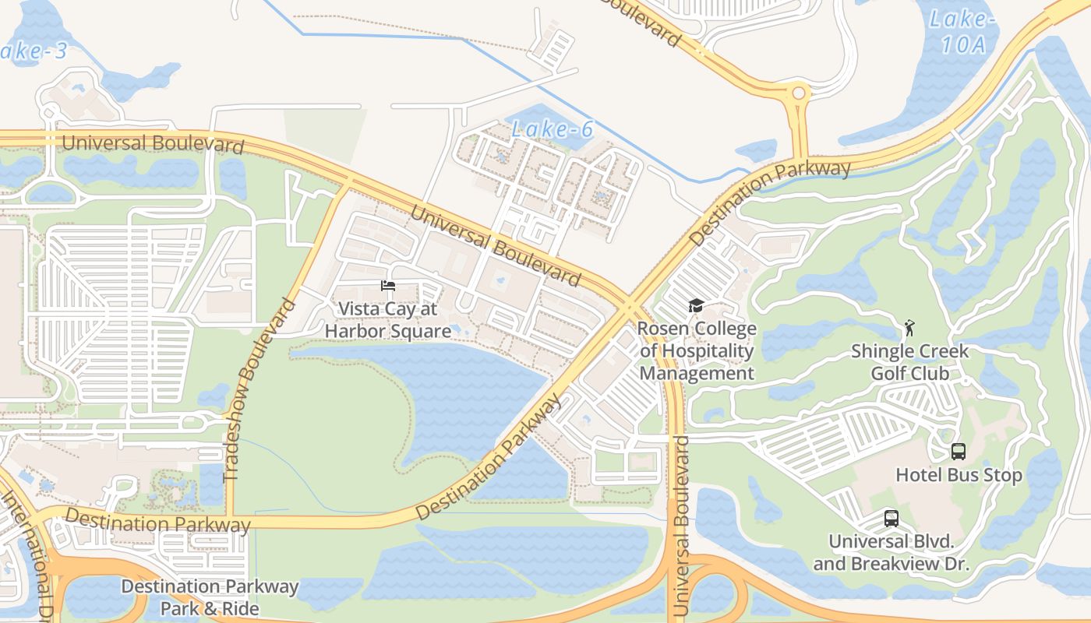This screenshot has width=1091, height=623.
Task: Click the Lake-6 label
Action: [553, 129]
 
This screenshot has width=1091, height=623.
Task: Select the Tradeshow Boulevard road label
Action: [257, 389]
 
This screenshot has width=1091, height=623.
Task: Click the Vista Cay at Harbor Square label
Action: [388, 320]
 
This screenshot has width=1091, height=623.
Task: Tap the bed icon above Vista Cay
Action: [388, 286]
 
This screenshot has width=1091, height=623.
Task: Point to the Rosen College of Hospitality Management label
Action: [697, 350]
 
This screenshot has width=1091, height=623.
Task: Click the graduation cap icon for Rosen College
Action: [696, 305]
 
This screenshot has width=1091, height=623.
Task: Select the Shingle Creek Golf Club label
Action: [909, 362]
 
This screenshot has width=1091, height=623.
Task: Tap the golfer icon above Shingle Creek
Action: [909, 326]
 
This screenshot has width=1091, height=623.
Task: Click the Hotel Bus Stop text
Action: [959, 475]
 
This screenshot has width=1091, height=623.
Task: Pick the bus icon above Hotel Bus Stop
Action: [959, 451]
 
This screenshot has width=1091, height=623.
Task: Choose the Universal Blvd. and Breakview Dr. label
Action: [891, 552]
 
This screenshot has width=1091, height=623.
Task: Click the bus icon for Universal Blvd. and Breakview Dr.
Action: [891, 518]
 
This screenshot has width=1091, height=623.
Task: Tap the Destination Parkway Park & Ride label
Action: [210, 597]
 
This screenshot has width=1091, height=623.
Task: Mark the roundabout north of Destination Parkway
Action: [798, 94]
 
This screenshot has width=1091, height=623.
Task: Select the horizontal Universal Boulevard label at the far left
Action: [153, 144]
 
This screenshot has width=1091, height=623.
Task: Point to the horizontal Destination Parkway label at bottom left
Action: [157, 521]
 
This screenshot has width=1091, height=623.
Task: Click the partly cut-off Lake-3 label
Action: [31, 51]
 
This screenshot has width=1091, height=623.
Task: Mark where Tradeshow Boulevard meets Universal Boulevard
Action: [344, 186]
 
